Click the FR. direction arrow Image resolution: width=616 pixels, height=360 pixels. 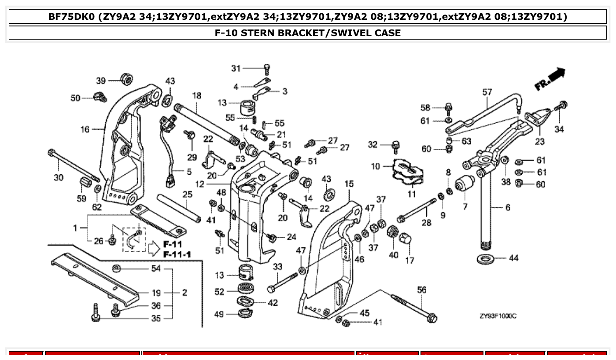coord(551,78)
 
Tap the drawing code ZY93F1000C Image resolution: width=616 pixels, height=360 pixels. coord(498,316)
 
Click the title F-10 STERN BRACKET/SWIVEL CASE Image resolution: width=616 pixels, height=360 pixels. coord(307,33)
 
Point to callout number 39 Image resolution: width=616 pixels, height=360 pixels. coord(101,80)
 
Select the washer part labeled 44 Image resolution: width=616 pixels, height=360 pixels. coord(486,258)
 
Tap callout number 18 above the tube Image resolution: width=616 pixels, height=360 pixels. coord(196,96)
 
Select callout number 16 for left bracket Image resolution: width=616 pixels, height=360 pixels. coord(85,129)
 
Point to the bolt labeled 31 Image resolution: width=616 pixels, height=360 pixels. coord(267,68)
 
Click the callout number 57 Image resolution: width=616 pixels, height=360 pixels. coord(487,92)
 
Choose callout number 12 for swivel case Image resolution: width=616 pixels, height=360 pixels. coord(200,184)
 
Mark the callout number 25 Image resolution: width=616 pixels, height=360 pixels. coord(188,194)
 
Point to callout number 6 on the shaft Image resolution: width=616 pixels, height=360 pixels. coord(508,207)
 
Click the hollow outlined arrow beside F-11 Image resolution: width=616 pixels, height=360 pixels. coord(153,249)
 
